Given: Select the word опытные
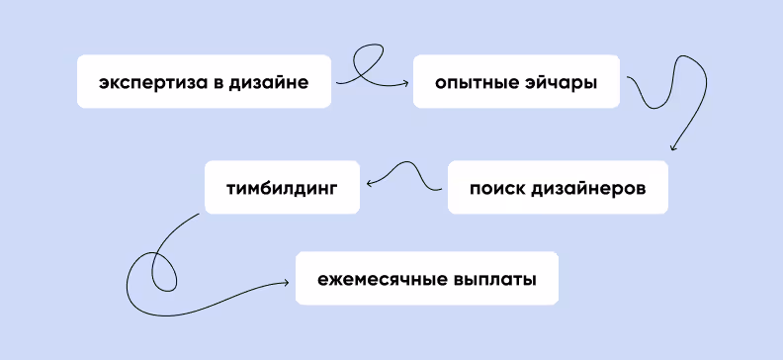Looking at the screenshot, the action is click(476, 82).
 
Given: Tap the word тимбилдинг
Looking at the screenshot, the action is click(282, 186).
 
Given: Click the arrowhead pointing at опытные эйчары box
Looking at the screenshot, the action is click(405, 83).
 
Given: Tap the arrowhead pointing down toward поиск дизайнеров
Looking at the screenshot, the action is click(672, 148).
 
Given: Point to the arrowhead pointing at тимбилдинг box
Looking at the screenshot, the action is click(369, 184).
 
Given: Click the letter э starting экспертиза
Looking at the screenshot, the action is click(104, 83).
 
